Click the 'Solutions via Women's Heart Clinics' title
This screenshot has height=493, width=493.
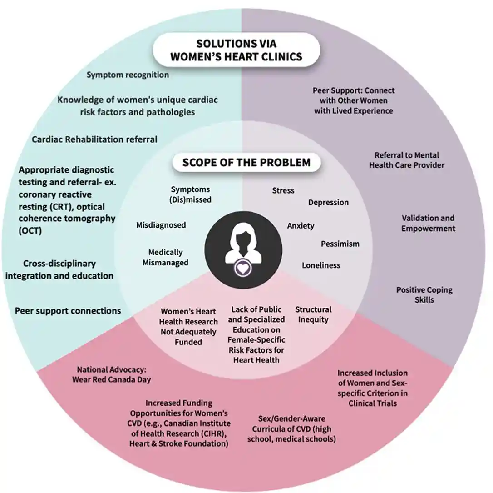click(x=236, y=50)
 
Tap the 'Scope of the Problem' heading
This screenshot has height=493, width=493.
click(x=246, y=162)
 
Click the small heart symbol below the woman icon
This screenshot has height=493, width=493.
click(x=244, y=268)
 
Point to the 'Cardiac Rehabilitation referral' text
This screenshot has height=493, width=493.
click(x=94, y=139)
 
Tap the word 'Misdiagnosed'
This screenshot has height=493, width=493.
click(x=161, y=225)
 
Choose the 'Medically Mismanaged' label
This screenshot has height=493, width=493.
click(x=166, y=257)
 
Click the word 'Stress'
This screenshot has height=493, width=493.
click(x=283, y=190)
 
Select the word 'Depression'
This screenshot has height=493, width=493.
click(x=328, y=202)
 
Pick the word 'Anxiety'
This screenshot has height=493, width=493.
click(x=301, y=226)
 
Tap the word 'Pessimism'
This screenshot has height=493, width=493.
click(x=340, y=244)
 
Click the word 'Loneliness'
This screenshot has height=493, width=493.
click(x=321, y=265)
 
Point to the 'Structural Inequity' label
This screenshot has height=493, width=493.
click(x=313, y=314)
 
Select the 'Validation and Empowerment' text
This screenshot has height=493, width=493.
click(x=428, y=223)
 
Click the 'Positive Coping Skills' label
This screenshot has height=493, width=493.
click(x=424, y=294)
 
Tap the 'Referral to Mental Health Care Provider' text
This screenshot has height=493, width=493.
click(x=407, y=160)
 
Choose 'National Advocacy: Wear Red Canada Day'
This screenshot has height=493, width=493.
click(x=112, y=374)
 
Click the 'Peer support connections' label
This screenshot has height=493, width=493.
click(x=68, y=311)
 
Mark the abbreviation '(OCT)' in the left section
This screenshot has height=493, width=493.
click(x=30, y=231)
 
